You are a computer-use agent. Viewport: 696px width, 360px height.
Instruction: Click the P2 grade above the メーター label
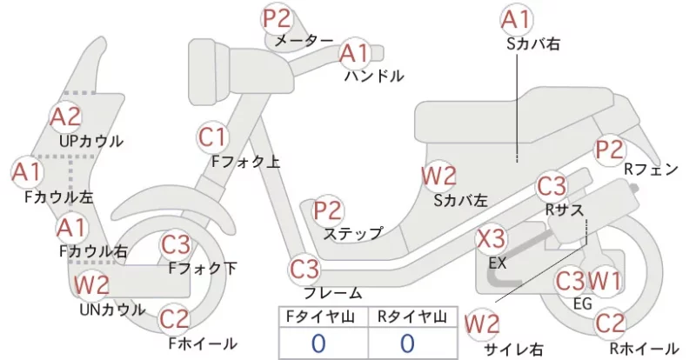277,18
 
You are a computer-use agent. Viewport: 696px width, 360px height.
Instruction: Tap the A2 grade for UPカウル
65,117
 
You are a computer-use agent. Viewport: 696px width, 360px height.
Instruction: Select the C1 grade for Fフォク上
212,137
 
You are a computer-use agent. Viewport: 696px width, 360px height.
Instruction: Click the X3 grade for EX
491,239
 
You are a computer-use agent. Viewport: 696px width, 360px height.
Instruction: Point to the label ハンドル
374,76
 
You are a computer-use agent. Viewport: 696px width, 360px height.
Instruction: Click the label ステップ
353,233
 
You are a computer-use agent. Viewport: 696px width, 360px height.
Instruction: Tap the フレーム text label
333,293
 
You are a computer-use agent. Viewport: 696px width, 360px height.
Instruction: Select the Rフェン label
651,169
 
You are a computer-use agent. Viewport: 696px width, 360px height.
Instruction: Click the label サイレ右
513,350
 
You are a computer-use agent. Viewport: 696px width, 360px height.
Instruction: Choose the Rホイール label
645,349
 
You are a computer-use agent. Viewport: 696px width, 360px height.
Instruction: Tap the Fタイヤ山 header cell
324,317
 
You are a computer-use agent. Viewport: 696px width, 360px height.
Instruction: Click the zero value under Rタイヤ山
407,343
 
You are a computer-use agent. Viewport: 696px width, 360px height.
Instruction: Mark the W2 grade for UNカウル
91,284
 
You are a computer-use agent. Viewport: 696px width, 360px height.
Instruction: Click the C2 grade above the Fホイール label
173,319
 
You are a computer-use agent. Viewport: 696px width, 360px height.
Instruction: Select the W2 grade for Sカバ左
438,177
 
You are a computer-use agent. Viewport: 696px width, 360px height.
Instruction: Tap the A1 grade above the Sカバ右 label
516,19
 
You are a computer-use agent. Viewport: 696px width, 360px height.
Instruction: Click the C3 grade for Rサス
552,186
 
